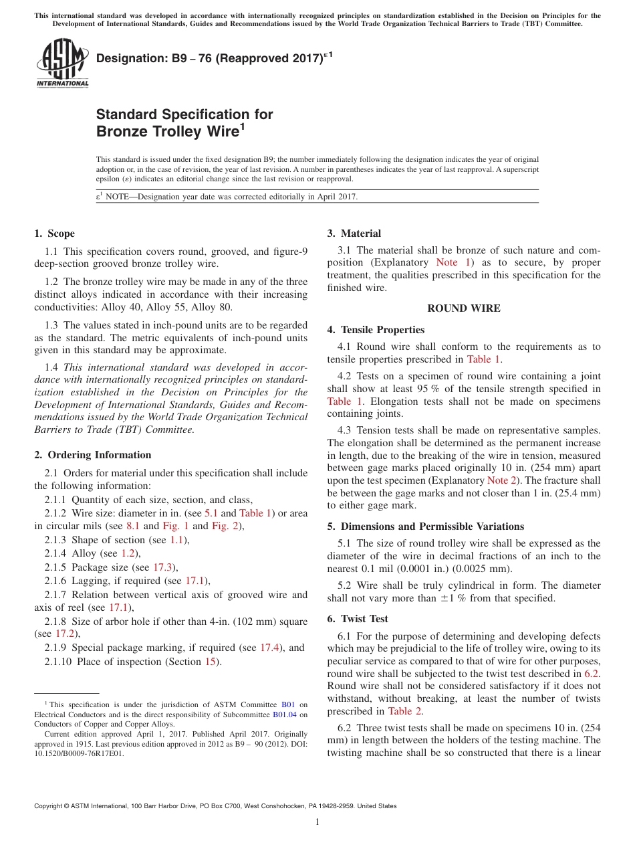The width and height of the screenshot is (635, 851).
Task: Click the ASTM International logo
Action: click(61, 63)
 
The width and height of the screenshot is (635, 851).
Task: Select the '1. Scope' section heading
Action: click(54, 233)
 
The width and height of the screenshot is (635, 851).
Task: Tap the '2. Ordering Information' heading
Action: click(92, 455)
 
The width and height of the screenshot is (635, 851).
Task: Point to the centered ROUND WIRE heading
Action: click(464, 308)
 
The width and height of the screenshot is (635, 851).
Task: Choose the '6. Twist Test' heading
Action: click(358, 619)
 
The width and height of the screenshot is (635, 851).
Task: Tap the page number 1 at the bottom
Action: click(317, 822)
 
